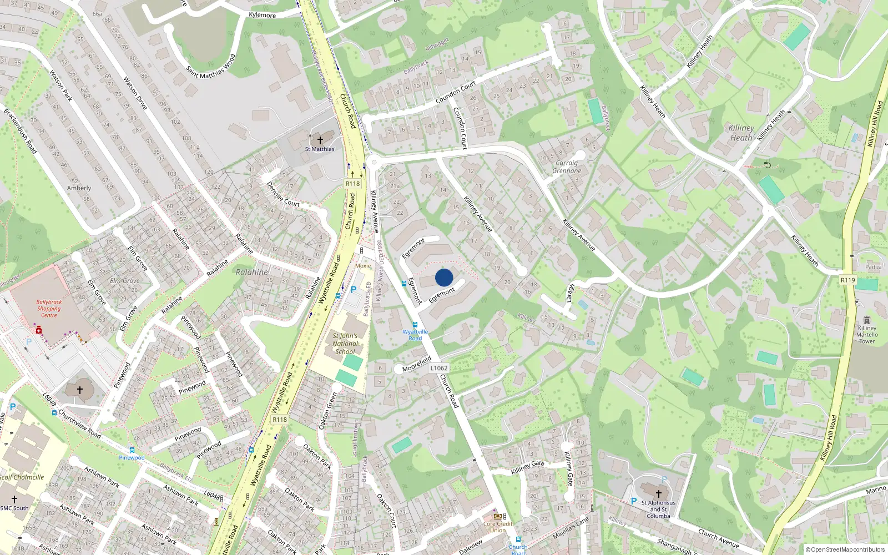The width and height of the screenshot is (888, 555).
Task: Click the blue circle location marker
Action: pos(444,277)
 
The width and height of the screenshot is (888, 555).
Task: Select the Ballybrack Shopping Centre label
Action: pos(49,309)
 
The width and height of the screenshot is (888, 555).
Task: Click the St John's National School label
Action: pos(345,344)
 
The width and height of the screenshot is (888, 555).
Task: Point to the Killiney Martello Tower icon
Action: pos(867,320)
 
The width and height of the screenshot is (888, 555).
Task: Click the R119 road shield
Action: pos(847,280)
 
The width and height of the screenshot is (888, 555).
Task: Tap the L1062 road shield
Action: pos(438,368)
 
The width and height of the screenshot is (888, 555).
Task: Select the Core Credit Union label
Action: pos(498,527)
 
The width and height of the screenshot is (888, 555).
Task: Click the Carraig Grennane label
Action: pos(567,167)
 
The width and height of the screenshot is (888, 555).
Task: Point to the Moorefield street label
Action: pos(416,365)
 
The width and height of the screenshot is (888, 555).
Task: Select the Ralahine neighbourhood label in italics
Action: pos(252,272)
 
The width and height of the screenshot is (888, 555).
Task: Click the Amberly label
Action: pos(79,188)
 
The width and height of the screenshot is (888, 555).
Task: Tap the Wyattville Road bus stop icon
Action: pos(415,325)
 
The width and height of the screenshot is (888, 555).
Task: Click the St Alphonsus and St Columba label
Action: pos(658,509)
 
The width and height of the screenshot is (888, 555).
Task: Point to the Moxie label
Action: pos(363,266)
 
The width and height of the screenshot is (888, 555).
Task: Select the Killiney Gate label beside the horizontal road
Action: pos(527,467)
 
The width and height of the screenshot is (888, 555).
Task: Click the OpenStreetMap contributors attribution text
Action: pos(845,550)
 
